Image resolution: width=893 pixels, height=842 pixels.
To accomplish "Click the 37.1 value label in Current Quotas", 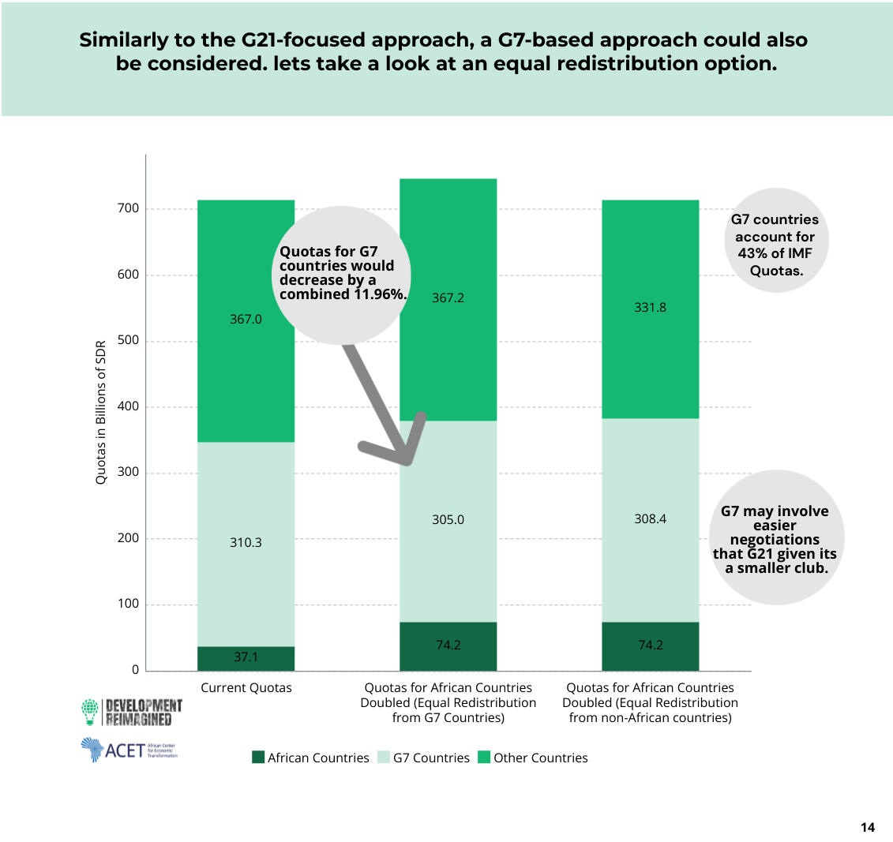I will (x=246, y=657).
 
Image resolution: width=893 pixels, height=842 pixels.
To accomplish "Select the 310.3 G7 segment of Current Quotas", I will (x=246, y=543).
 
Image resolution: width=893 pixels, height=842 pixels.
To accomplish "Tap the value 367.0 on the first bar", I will (x=246, y=320).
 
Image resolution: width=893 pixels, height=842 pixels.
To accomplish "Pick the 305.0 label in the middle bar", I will (x=448, y=520).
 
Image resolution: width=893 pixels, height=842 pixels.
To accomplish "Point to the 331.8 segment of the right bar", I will (x=650, y=308).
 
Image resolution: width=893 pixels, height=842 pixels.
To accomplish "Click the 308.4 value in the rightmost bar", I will (x=650, y=519).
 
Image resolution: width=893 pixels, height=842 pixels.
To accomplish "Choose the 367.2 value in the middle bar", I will (x=448, y=298).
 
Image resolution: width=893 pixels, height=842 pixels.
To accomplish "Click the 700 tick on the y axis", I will (x=129, y=208).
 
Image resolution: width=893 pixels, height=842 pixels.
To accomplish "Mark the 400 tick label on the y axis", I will (x=129, y=406).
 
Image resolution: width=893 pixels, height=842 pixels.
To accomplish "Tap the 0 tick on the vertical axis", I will (x=135, y=670).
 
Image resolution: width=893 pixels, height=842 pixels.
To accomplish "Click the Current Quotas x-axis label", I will (x=246, y=688).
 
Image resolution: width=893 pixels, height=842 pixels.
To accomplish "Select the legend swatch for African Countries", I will (x=258, y=758).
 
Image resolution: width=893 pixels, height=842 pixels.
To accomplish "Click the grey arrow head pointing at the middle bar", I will (x=407, y=456).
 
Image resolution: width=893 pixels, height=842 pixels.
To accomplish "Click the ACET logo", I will (x=129, y=749).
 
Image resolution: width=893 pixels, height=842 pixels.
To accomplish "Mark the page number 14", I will (x=868, y=828).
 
